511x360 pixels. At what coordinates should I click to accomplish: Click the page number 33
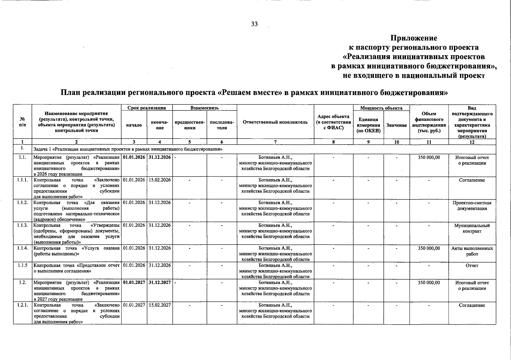pos(254,24)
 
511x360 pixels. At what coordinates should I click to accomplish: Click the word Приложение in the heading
pos(414,38)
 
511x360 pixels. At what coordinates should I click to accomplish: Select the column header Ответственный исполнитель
pos(275,122)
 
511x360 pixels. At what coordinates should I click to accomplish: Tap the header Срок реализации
pos(147,108)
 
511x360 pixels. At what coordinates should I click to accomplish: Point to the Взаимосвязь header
pos(204,108)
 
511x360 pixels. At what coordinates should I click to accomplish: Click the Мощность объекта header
pos(381,108)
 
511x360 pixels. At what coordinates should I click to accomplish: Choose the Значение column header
pos(396,125)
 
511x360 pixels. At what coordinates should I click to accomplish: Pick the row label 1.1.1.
pos(23,180)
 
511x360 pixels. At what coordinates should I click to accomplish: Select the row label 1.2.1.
pos(23,305)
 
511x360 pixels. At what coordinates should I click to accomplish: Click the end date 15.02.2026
pos(160,180)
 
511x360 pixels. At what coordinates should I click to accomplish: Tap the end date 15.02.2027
pos(160,305)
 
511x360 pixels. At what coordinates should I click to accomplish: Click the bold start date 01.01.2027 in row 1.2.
pos(134,283)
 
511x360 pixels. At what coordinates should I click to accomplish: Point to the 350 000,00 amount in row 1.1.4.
pos(429,248)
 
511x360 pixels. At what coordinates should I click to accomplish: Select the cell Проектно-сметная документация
pos(472,205)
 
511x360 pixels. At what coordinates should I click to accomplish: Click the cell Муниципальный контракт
pos(472,228)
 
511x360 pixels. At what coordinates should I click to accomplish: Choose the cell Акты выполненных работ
pos(472,251)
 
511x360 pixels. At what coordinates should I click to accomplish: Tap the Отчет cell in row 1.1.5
pos(472,265)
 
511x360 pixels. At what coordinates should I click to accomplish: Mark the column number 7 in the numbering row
pos(275,142)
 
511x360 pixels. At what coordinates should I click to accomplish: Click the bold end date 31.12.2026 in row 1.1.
pos(160,157)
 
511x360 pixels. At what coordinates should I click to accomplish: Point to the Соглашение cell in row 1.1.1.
pos(472,180)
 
